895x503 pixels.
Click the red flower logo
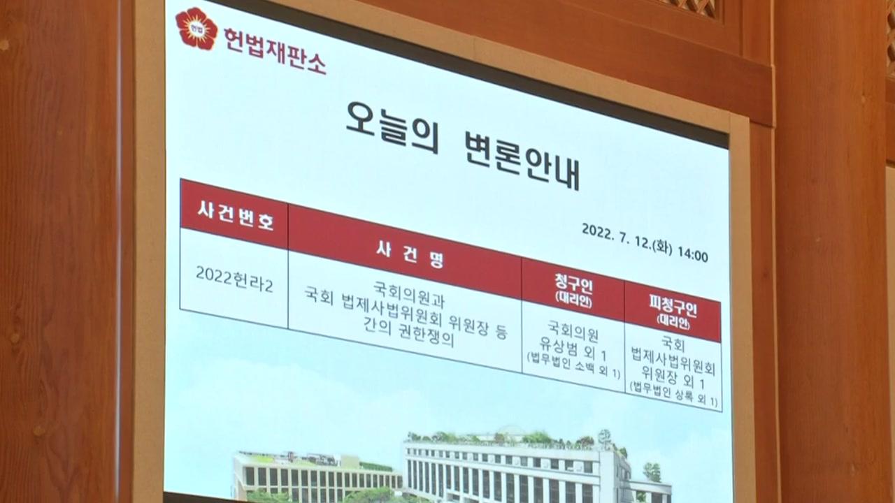point(196,29)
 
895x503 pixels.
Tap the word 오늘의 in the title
point(393,128)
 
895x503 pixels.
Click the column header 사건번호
point(236,216)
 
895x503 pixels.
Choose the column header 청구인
point(573,285)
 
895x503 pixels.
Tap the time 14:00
point(693,255)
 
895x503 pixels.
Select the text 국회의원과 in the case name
point(409,295)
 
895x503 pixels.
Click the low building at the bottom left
point(317,476)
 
